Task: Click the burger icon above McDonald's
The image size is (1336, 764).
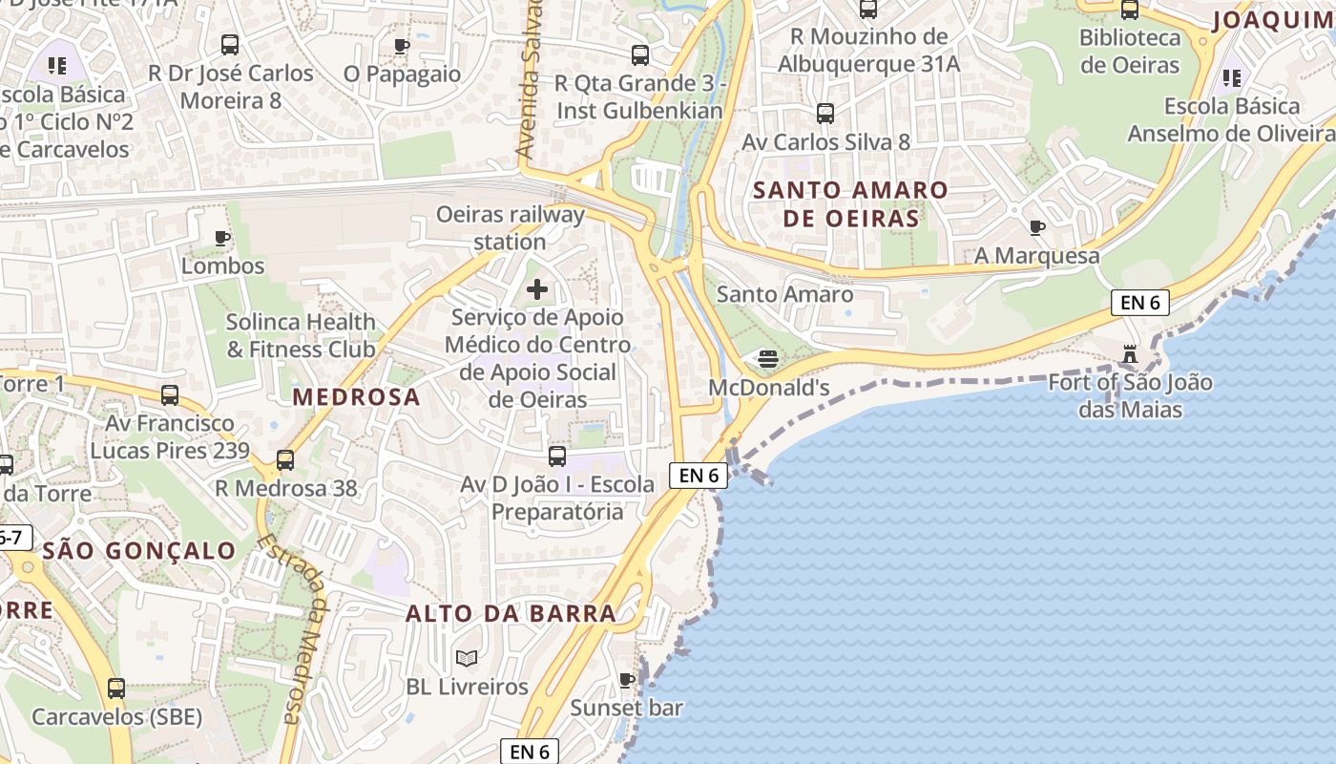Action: pos(768,359)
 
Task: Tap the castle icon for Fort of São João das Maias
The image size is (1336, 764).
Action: pos(1130,355)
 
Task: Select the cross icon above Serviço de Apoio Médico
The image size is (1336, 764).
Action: pos(537,288)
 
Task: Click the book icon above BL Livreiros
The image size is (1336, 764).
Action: pos(467,658)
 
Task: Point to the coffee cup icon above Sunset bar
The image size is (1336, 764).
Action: pos(626,680)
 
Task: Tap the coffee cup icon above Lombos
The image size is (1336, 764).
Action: pos(222,238)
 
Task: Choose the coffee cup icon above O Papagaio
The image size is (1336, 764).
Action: pos(402,46)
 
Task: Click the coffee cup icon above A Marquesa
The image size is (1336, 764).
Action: pos(1036,227)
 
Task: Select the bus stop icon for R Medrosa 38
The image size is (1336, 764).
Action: pos(284,460)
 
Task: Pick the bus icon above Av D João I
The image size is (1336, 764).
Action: pos(557,456)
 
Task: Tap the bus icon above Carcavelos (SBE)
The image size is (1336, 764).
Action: pos(116,688)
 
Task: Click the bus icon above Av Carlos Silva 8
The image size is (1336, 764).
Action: pos(825,114)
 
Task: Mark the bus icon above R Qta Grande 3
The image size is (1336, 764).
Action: pos(639,55)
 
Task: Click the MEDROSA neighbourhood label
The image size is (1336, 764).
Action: pos(356,397)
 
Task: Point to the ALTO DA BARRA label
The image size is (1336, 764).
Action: pos(511,613)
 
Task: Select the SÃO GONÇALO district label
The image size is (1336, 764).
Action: pos(139,550)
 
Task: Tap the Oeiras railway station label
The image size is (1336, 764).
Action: pos(510,227)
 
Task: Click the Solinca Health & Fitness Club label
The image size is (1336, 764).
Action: pos(301,335)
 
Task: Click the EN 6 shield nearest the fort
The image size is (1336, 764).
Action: pos(1140,303)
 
